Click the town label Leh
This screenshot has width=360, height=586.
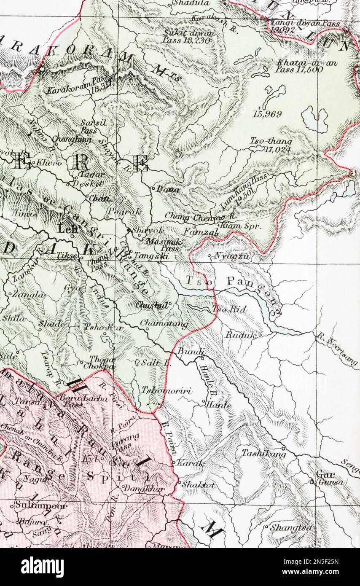coord(66,229)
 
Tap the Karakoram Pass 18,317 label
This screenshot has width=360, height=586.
coord(78,86)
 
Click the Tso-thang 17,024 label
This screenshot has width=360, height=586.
coord(271,144)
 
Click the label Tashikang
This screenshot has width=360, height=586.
coord(263,454)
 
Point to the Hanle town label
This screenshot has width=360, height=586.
coord(218,404)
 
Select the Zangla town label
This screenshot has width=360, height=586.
coord(29,295)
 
